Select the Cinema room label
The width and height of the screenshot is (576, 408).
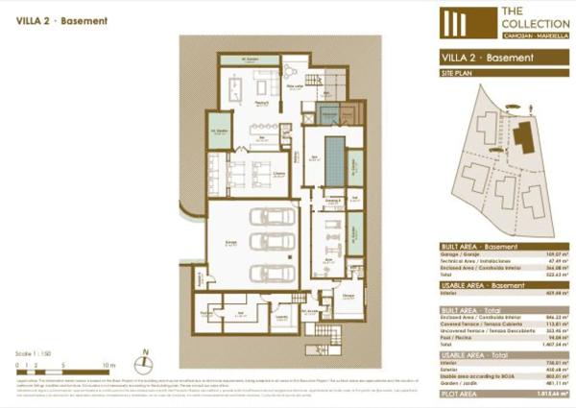click(277, 173)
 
